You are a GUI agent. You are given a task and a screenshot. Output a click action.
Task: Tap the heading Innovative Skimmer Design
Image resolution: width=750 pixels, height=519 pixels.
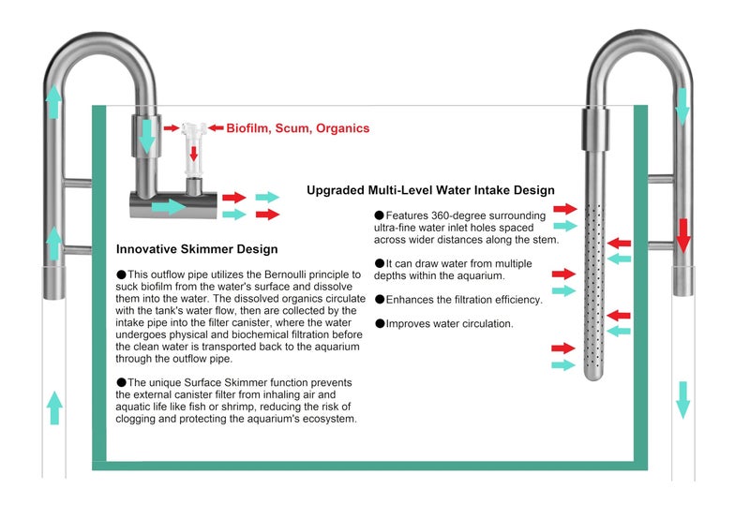coord(197,249)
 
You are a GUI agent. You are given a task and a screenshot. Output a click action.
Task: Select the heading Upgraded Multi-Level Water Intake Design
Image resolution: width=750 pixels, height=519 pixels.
coord(430,190)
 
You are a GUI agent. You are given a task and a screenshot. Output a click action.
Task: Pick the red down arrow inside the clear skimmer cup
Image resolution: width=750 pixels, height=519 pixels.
coord(194,154)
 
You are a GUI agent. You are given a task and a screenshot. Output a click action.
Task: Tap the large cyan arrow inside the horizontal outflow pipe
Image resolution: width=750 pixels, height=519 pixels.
coord(169,207)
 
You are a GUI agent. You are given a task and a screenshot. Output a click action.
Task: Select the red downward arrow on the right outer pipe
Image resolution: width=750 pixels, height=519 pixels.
coord(683,235)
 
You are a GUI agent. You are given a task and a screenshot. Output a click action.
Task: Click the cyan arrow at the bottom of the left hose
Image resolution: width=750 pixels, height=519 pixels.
coord(54,408)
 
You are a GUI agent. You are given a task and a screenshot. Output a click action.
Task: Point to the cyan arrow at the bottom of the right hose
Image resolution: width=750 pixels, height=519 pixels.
coord(683,400)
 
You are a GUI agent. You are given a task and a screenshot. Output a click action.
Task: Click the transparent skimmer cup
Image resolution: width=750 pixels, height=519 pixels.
coord(194,149)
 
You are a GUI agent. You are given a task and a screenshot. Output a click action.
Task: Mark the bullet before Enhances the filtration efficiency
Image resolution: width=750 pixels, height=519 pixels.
coord(380,300)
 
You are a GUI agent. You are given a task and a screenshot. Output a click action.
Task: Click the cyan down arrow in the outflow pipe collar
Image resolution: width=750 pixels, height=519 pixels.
coord(147,136)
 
